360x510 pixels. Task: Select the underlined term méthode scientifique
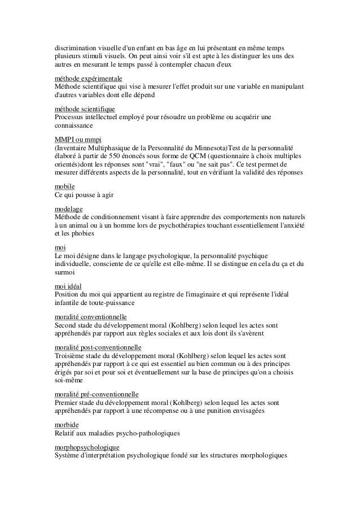click(x=84, y=107)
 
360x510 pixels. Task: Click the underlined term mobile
click(x=65, y=185)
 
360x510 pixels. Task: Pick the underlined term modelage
click(x=69, y=208)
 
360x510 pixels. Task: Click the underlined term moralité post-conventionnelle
click(x=98, y=346)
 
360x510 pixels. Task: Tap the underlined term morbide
click(x=67, y=424)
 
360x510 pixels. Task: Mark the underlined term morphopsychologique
click(x=87, y=446)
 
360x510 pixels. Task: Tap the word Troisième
click(x=69, y=355)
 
